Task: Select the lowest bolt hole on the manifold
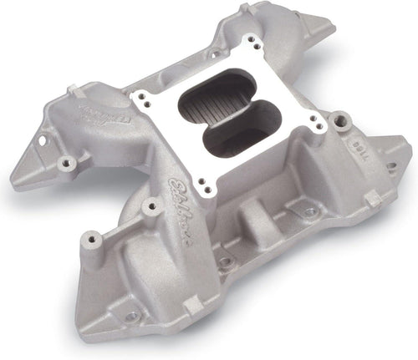click(x=132, y=317)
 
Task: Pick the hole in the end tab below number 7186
click(x=390, y=166)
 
